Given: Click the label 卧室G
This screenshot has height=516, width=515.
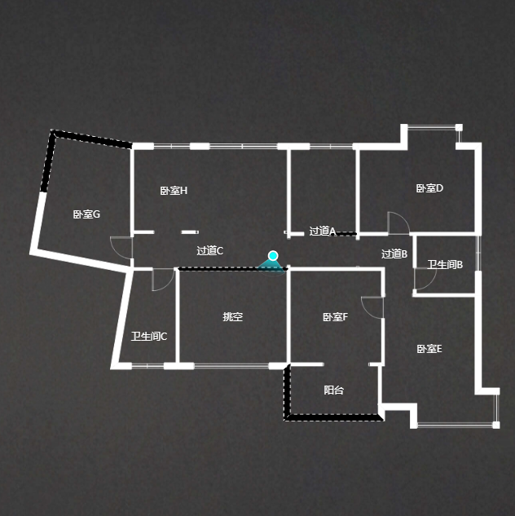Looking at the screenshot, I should pos(86,215).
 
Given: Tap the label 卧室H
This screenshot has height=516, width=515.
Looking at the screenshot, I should pos(174,191).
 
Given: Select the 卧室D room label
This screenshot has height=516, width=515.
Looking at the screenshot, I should pos(429,188).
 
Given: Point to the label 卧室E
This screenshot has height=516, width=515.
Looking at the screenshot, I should pos(429,349).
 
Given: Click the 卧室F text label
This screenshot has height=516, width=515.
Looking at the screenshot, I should pos(335,317).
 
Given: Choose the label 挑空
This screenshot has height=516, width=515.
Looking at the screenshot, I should pos(233,317).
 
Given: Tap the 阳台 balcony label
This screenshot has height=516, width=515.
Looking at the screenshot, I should pos(334,390).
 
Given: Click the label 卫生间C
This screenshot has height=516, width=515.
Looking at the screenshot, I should pos(149,337).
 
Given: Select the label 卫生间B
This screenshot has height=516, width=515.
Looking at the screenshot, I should pos(445,265).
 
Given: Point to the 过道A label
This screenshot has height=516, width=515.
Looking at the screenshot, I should pos(323,232).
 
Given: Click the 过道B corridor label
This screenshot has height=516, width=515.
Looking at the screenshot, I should pos(394,254).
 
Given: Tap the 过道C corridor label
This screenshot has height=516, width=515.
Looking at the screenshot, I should pos(210,251).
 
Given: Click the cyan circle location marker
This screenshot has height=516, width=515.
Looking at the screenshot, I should pos(274,256).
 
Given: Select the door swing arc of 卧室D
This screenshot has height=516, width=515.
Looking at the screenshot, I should pos(399,222).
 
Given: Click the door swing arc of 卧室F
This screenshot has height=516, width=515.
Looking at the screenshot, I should pos(372,307).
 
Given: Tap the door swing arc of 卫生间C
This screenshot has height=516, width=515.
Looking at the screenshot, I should pos(163,280).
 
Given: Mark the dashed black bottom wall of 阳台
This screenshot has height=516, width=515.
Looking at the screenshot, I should pos(334,418).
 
